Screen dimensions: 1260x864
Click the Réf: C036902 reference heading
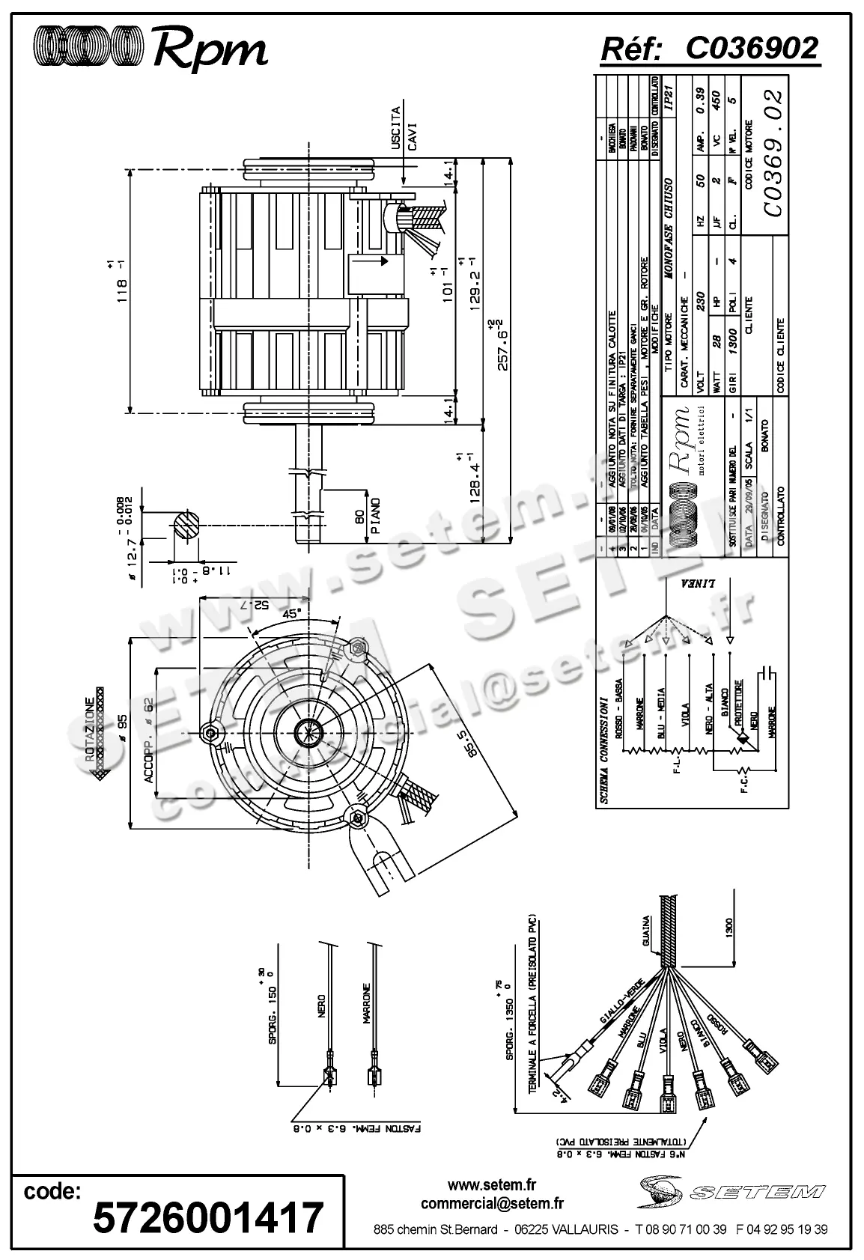pos(710,49)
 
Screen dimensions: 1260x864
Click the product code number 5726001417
pos(207,1217)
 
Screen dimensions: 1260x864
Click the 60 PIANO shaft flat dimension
pos(367,515)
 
